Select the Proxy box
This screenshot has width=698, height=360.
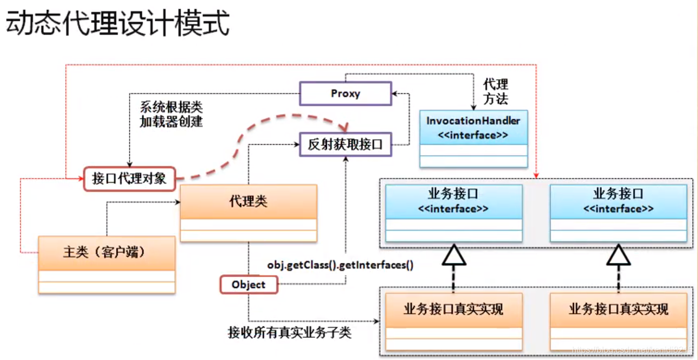[345, 93]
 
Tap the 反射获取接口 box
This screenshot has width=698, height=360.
[345, 145]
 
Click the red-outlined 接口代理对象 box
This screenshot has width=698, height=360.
[129, 179]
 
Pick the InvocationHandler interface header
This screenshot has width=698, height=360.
[473, 127]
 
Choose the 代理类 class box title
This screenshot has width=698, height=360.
[248, 202]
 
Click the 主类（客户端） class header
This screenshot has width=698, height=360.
[106, 253]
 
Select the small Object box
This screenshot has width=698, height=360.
[249, 284]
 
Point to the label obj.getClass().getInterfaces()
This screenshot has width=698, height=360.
[340, 266]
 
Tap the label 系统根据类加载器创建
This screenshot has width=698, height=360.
[171, 114]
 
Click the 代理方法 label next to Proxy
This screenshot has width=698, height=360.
[495, 92]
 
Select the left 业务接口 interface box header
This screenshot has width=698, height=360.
[453, 201]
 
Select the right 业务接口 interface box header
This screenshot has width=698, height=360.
[618, 201]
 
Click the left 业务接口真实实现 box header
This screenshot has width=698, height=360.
[453, 309]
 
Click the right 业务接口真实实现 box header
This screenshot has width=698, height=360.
[618, 309]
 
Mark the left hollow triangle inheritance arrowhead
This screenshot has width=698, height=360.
[454, 256]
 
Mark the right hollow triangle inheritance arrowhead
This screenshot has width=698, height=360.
[618, 256]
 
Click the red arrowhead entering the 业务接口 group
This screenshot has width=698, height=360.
[536, 175]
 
